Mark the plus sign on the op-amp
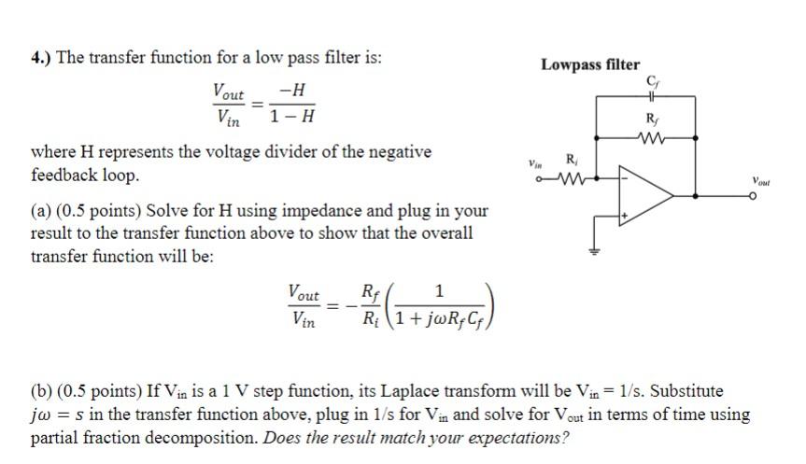[x=626, y=218]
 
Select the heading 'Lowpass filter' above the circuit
[x=590, y=64]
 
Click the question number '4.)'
[x=41, y=57]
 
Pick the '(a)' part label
[x=42, y=211]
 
